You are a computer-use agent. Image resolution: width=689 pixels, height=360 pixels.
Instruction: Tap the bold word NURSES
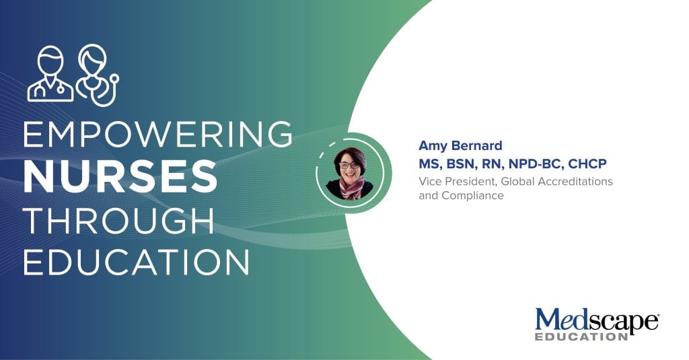120,176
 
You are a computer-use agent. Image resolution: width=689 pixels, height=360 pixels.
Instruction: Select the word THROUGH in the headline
118,220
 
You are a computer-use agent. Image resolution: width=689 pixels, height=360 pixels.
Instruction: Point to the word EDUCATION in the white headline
136,262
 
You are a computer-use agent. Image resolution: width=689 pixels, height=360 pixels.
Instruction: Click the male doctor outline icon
50,74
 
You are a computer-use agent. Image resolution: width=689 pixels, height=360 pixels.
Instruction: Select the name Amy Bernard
460,145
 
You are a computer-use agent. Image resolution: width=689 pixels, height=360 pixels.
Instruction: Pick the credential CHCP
587,164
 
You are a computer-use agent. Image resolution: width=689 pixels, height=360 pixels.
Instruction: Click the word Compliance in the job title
472,196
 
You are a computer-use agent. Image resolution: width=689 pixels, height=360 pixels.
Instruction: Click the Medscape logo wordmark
597,322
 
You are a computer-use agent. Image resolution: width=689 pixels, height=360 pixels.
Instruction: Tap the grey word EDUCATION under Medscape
581,337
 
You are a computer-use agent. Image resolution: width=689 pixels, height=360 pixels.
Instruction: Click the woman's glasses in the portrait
349,166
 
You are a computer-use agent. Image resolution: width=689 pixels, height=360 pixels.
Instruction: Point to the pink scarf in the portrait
351,188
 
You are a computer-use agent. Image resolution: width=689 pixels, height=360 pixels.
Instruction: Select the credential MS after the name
429,164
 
